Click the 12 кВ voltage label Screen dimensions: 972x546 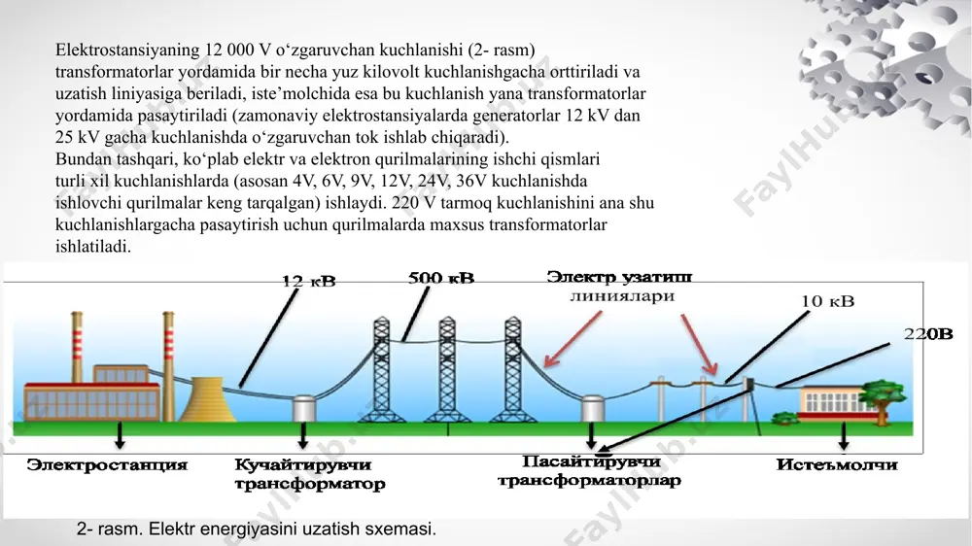point(309,282)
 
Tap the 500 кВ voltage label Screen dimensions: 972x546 point(441,278)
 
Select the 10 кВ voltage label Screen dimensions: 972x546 point(827,301)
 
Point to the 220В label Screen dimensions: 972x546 point(928,334)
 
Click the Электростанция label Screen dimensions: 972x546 point(107,464)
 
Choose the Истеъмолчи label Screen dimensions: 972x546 point(837,464)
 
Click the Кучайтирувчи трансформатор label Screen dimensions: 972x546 point(310,474)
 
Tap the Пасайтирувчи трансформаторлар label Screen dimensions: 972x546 point(589,471)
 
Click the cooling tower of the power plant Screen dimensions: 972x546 point(208,399)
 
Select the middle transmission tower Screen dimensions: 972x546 point(447,369)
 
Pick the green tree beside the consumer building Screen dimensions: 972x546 point(883,399)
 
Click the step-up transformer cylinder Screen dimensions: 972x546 point(303,409)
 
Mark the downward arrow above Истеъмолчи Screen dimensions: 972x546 point(843,437)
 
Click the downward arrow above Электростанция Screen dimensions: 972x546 point(120,435)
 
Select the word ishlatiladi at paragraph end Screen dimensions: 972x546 point(93,247)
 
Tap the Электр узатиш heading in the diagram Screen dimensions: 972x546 point(619,277)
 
